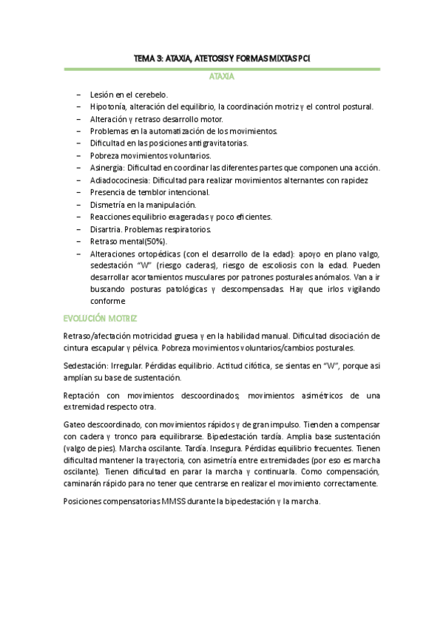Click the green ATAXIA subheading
[221, 76]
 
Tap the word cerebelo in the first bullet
[152, 95]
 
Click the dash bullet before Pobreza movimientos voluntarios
[79, 155]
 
